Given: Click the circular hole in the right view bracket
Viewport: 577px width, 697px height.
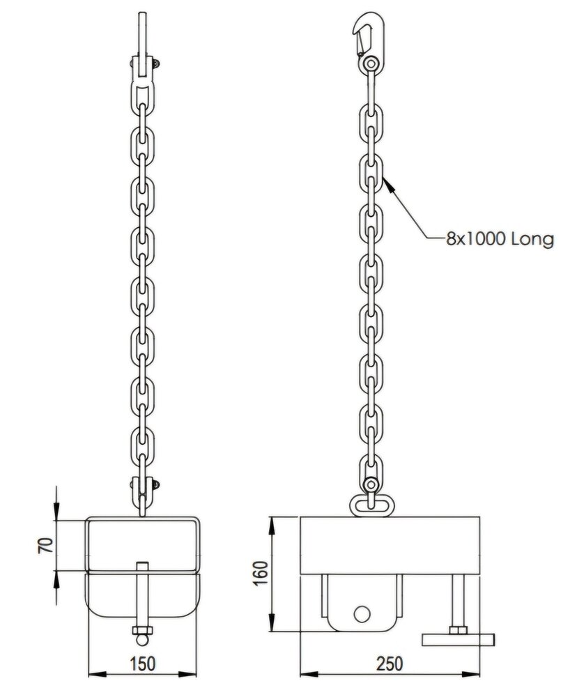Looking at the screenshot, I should point(361,613).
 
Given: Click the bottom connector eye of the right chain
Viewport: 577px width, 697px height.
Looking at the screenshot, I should point(370,484).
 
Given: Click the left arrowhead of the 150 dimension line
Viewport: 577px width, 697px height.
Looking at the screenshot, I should point(90,673).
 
